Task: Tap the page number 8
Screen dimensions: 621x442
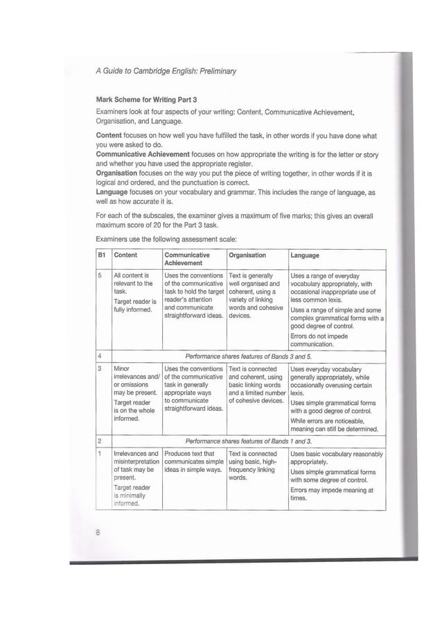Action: (x=99, y=532)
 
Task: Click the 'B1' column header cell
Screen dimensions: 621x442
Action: (x=102, y=255)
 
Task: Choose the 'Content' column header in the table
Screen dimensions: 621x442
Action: (x=125, y=255)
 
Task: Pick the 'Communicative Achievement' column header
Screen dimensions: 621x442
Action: (x=187, y=259)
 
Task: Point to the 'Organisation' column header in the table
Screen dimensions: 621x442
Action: (x=247, y=255)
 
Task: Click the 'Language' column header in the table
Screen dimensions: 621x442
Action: (x=305, y=255)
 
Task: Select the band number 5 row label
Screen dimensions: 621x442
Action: (x=100, y=275)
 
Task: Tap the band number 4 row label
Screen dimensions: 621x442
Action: (x=100, y=355)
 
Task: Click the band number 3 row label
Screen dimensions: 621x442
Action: (x=100, y=369)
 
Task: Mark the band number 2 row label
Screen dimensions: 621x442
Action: (x=100, y=441)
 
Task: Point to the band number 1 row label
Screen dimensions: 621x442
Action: (x=100, y=454)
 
